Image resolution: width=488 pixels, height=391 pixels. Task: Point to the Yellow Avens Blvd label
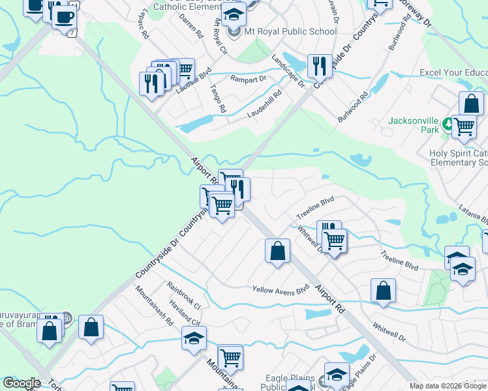click(281, 289)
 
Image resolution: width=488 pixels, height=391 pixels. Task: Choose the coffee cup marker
click(63, 18)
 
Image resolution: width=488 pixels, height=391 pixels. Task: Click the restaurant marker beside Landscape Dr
click(320, 65)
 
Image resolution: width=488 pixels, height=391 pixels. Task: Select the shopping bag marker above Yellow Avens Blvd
click(277, 251)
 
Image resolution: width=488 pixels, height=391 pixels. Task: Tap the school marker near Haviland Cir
click(194, 339)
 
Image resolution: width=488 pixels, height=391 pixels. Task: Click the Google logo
click(22, 383)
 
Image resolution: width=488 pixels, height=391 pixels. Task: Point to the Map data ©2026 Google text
click(448, 386)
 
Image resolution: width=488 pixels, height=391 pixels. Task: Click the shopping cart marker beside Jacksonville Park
click(464, 126)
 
